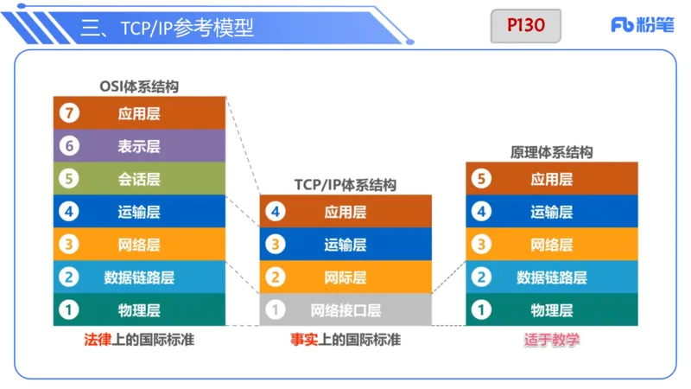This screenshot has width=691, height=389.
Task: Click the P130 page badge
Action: pyautogui.click(x=525, y=26)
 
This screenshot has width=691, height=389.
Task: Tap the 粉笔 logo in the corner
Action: pyautogui.click(x=642, y=25)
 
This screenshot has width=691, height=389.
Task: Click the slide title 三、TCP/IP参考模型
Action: pyautogui.click(x=168, y=28)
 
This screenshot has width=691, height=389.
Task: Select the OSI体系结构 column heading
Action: pyautogui.click(x=139, y=86)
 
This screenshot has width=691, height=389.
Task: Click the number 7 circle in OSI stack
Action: pyautogui.click(x=68, y=113)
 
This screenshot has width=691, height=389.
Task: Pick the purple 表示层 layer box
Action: pyautogui.click(x=139, y=146)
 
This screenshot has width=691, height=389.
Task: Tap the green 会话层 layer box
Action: pyautogui.click(x=139, y=179)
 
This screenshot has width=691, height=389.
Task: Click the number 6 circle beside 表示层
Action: pyautogui.click(x=68, y=146)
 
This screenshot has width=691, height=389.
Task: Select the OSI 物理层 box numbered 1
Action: pyautogui.click(x=139, y=309)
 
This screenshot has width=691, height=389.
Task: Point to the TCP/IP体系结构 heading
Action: pyautogui.click(x=345, y=185)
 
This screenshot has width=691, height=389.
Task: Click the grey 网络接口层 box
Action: pyautogui.click(x=345, y=309)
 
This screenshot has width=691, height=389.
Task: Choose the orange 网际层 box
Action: pyautogui.click(x=345, y=277)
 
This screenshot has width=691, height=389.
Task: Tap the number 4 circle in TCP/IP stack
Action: pyautogui.click(x=275, y=212)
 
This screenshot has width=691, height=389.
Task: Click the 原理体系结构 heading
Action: pyautogui.click(x=552, y=152)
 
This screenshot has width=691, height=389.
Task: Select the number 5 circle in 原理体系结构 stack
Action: pyautogui.click(x=481, y=179)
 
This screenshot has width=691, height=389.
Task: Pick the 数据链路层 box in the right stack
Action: pyautogui.click(x=552, y=277)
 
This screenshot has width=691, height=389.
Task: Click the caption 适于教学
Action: pyautogui.click(x=551, y=340)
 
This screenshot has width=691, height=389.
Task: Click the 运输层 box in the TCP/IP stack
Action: pyautogui.click(x=345, y=245)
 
